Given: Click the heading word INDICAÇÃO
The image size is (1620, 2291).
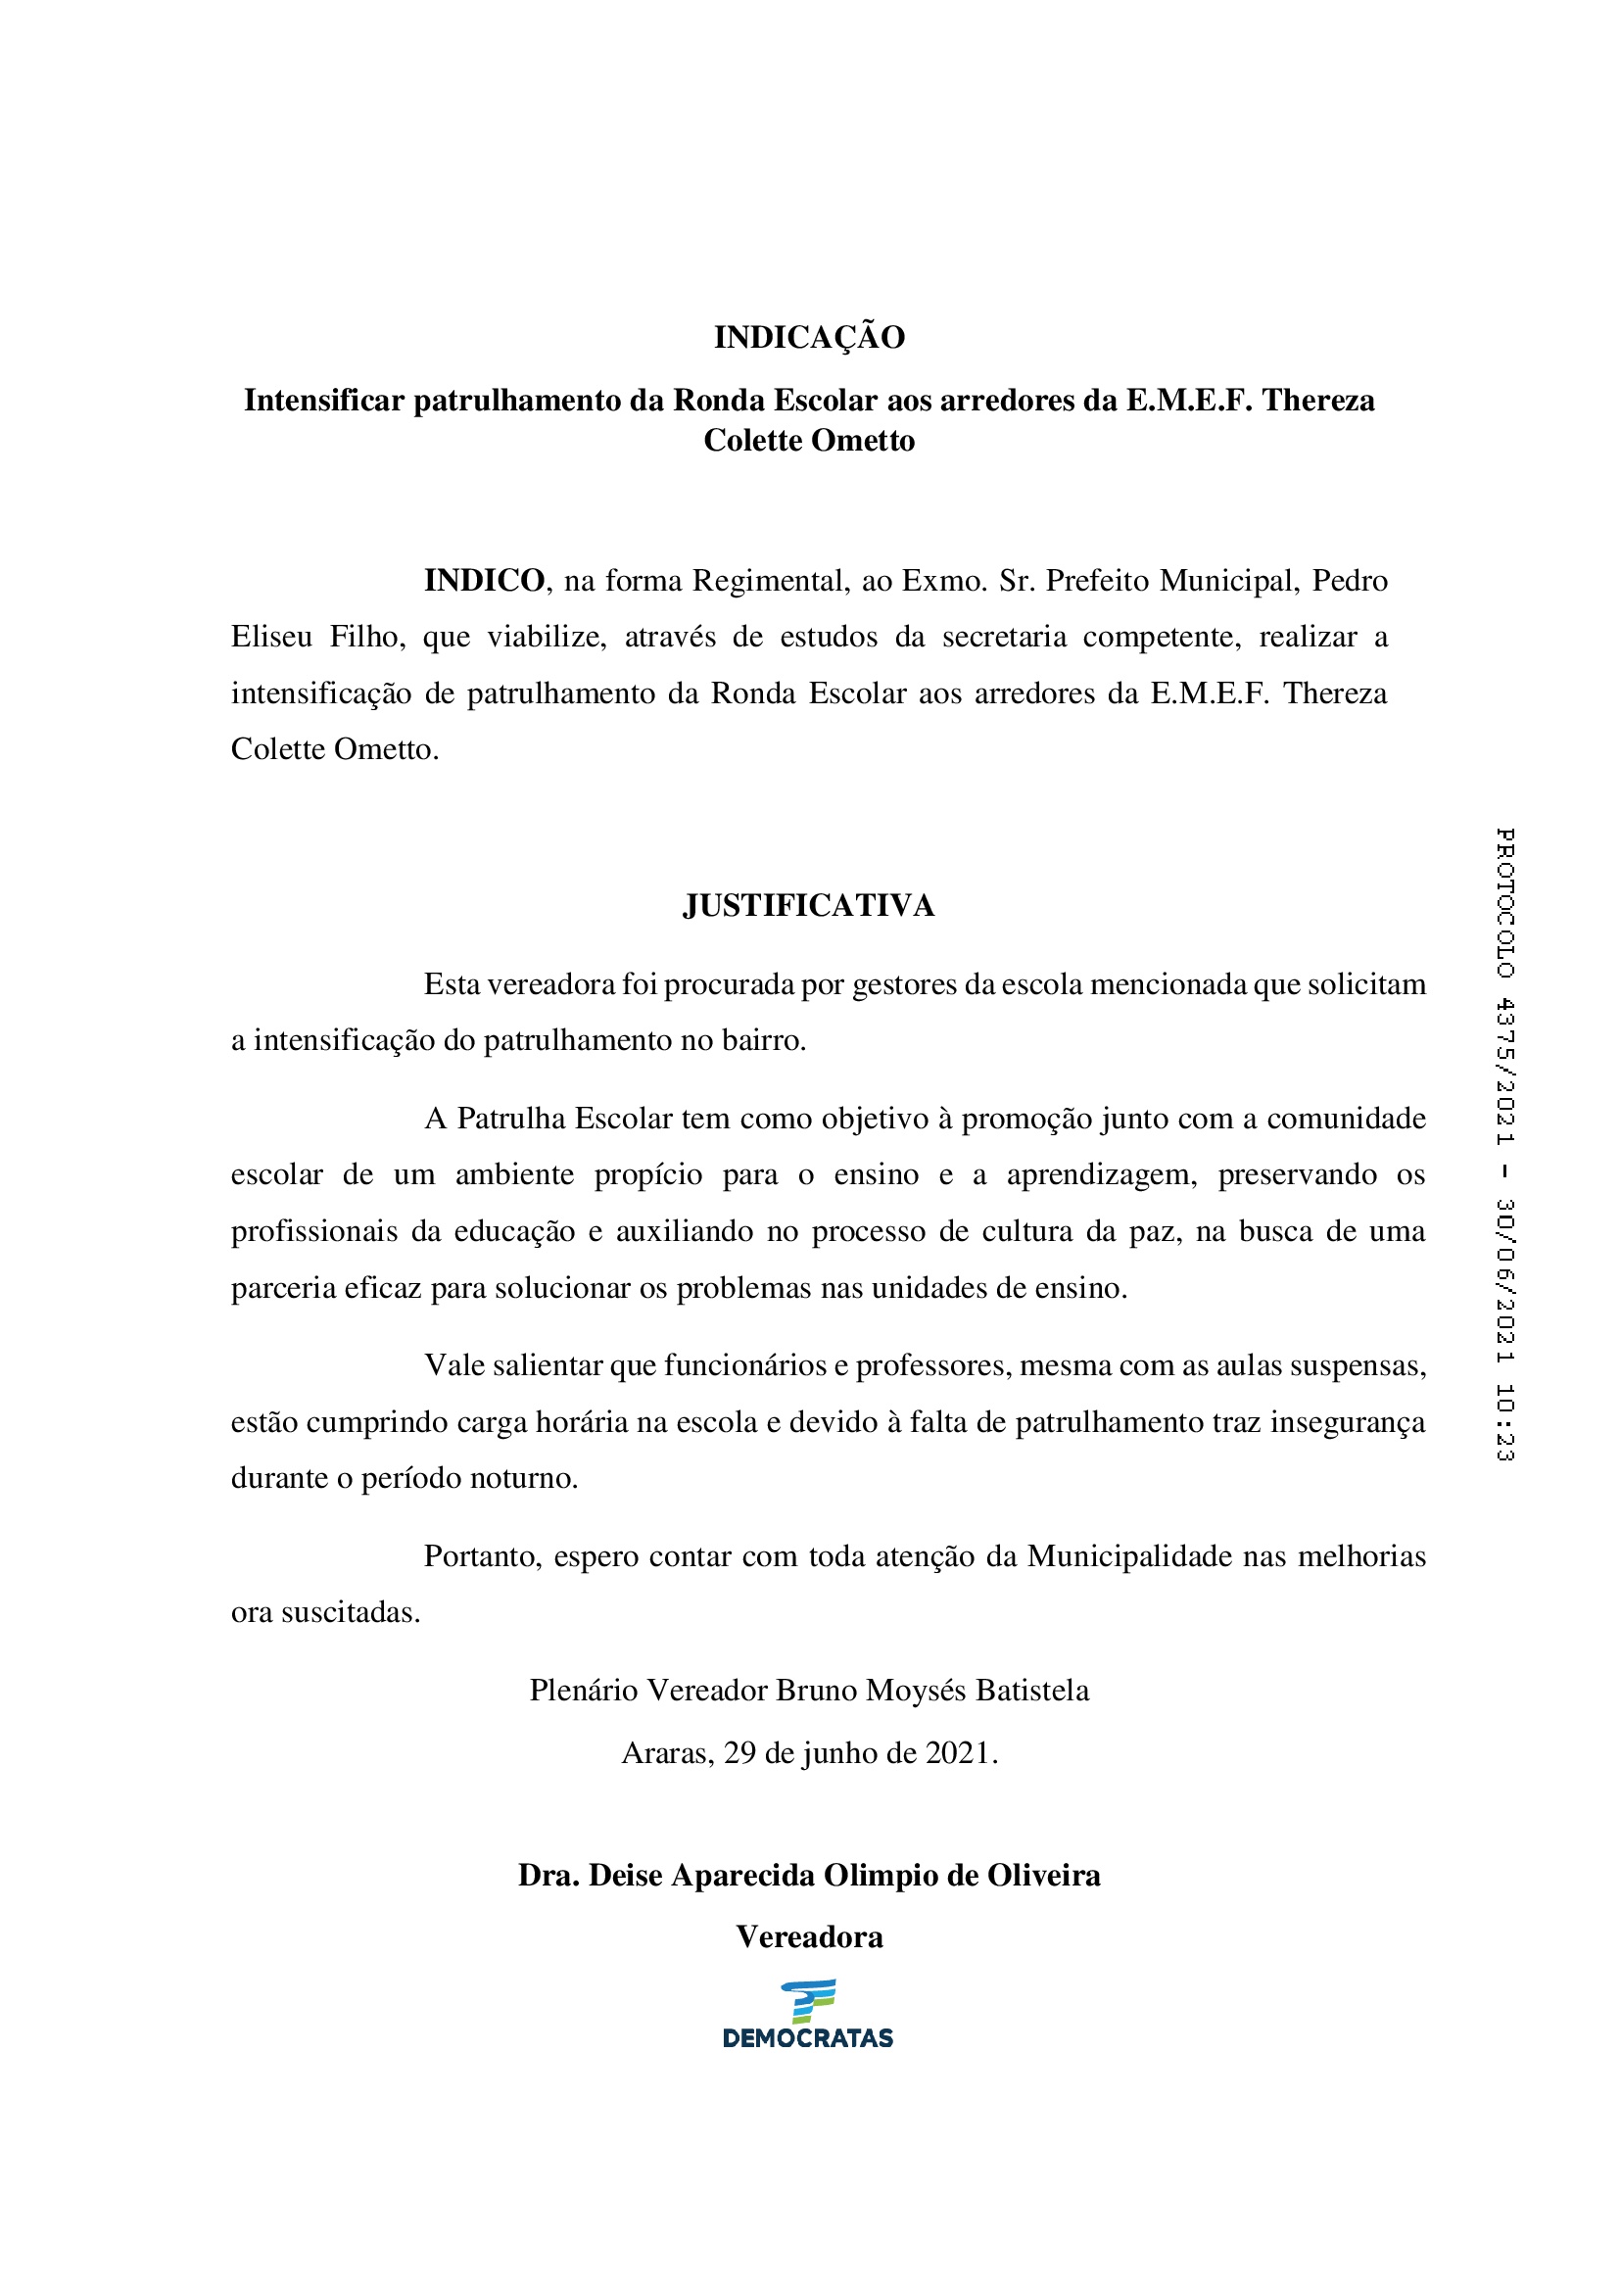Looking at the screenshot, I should pyautogui.click(x=809, y=337).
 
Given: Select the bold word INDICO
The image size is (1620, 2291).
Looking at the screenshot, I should pyautogui.click(x=484, y=580).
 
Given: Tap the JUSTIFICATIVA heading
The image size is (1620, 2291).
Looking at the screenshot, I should pyautogui.click(x=809, y=905).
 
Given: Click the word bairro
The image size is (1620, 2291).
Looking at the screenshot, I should pyautogui.click(x=760, y=1041).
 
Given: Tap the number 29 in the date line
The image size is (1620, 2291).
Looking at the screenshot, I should pyautogui.click(x=739, y=1753).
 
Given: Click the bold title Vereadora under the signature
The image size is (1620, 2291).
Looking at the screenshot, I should pyautogui.click(x=809, y=1936).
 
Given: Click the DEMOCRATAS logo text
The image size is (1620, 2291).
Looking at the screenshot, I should pyautogui.click(x=808, y=2038).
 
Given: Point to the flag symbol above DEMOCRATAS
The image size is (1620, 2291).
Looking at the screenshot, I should pyautogui.click(x=809, y=2001).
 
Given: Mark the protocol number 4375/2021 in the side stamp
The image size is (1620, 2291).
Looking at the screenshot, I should pyautogui.click(x=1504, y=1071).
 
